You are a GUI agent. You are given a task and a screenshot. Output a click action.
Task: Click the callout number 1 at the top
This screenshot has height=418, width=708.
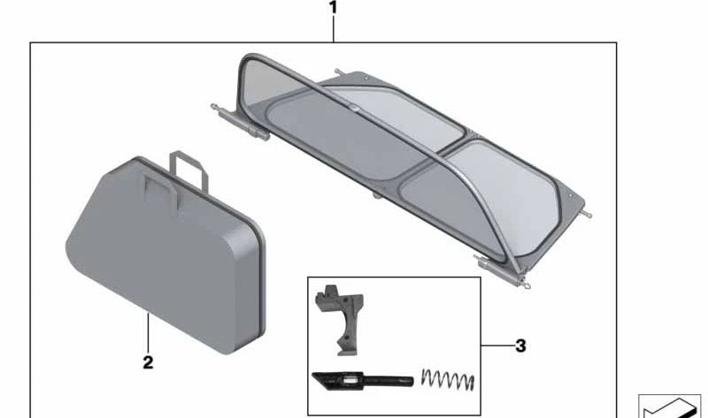click(333, 8)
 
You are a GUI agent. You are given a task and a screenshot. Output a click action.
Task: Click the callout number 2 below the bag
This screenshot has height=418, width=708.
click(148, 362)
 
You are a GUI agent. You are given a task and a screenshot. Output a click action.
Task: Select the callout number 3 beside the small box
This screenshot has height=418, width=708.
click(520, 346)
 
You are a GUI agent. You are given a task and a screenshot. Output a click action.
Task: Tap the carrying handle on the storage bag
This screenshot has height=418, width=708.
click(189, 170)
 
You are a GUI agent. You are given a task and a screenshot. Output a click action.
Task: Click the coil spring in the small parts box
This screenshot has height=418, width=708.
click(448, 380)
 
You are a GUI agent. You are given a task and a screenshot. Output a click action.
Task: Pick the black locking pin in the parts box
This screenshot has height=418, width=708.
click(362, 381)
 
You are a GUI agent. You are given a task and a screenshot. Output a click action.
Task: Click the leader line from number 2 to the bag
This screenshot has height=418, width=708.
click(148, 334)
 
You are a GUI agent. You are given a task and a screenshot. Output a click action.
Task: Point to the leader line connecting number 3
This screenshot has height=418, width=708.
click(497, 346)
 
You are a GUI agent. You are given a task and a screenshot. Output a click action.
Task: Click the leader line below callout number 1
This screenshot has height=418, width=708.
click(334, 29)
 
